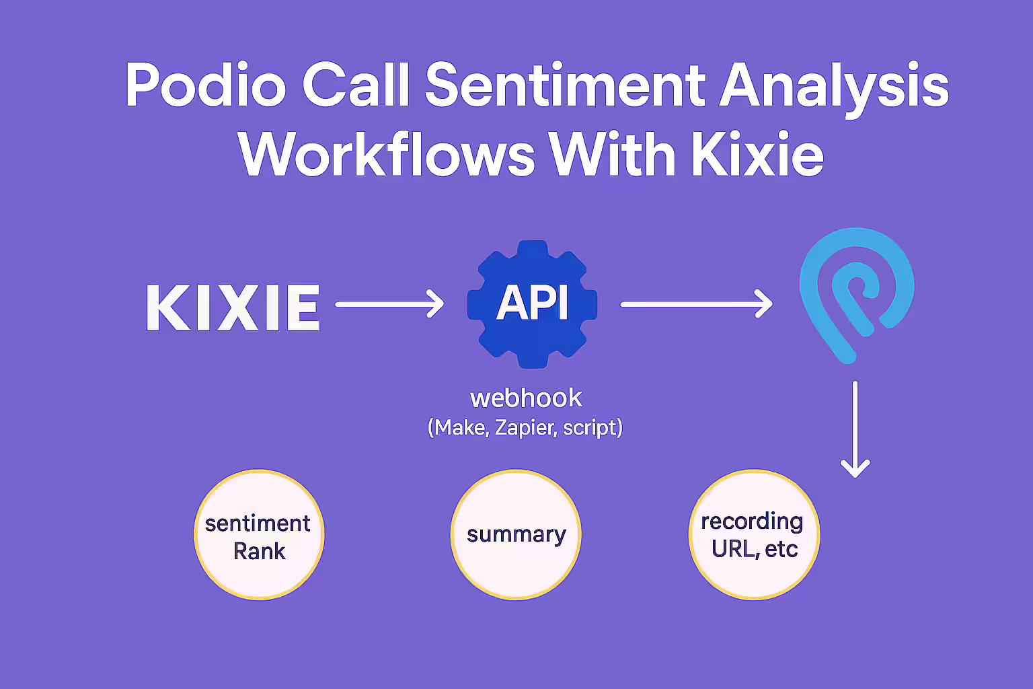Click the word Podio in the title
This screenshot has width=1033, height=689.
(206, 85)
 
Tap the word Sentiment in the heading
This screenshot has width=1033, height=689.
(565, 85)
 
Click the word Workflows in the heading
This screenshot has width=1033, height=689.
(387, 153)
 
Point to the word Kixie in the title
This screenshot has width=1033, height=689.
(757, 153)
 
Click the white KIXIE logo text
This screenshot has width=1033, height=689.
(233, 307)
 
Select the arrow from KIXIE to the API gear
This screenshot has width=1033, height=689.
(389, 303)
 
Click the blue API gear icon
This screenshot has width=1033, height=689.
(533, 304)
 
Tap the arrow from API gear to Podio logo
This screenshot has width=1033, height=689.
(697, 303)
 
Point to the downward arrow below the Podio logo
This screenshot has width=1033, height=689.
(855, 429)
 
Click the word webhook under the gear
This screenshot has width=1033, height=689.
(526, 398)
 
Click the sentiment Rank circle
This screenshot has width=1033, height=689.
(259, 535)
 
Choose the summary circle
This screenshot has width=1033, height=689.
(516, 535)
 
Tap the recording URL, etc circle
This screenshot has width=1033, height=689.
(755, 535)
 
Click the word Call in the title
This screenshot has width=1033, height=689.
(356, 85)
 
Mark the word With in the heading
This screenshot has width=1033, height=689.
(613, 153)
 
